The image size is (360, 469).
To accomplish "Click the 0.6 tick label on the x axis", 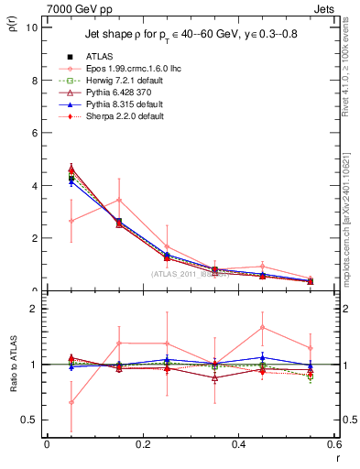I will click(333, 444).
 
